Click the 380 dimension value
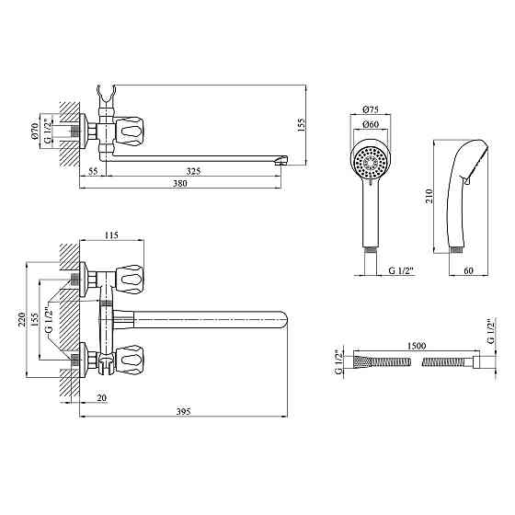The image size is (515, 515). (x=180, y=184)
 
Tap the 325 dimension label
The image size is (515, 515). (x=193, y=171)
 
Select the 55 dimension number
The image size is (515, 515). (x=93, y=171)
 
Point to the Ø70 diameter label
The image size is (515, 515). (x=35, y=131)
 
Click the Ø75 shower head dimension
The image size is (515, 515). (x=371, y=109)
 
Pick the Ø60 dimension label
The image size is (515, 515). (x=371, y=124)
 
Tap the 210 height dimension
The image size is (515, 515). (x=429, y=196)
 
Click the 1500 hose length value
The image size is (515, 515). (x=417, y=346)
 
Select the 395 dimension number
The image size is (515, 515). (x=183, y=412)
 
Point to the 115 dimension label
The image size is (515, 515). (x=111, y=235)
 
